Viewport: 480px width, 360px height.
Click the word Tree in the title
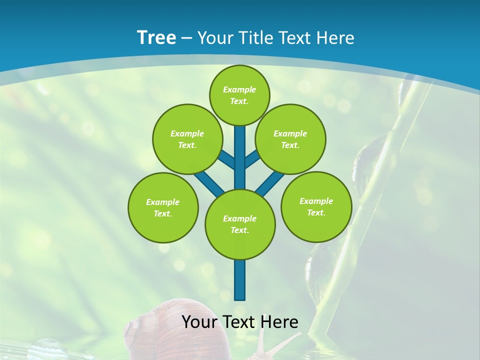coord(156,37)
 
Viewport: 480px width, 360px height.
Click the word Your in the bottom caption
coord(200,322)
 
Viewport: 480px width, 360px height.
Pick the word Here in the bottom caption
coord(279,322)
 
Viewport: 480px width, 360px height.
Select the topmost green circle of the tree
coord(239,95)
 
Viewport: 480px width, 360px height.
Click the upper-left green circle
coord(187,139)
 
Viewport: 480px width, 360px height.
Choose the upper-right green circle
coord(290,139)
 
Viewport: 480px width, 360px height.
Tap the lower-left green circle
coord(163,207)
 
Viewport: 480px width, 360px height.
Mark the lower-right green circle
coord(316,206)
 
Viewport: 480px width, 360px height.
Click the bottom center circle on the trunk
coord(240,224)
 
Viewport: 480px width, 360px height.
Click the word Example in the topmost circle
coord(239,89)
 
